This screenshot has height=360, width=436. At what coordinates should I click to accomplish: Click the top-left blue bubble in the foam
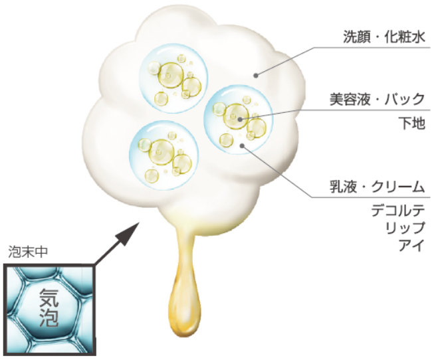tap(169, 76)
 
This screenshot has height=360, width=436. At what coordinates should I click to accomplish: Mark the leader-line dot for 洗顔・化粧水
tap(255, 75)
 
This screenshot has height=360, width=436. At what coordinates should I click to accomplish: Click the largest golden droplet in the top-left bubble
tap(171, 74)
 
